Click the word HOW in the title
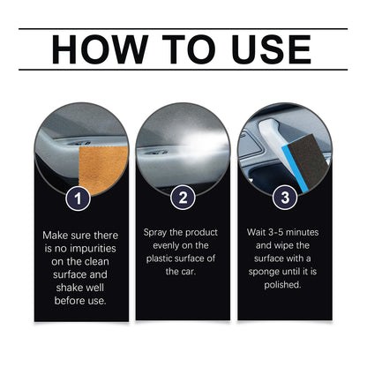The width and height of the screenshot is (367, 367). (98, 49)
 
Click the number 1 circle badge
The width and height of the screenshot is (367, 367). (80, 198)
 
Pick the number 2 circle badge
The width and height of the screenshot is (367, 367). (183, 198)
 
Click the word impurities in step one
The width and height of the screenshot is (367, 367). (97, 250)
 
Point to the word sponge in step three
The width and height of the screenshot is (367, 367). (267, 273)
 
